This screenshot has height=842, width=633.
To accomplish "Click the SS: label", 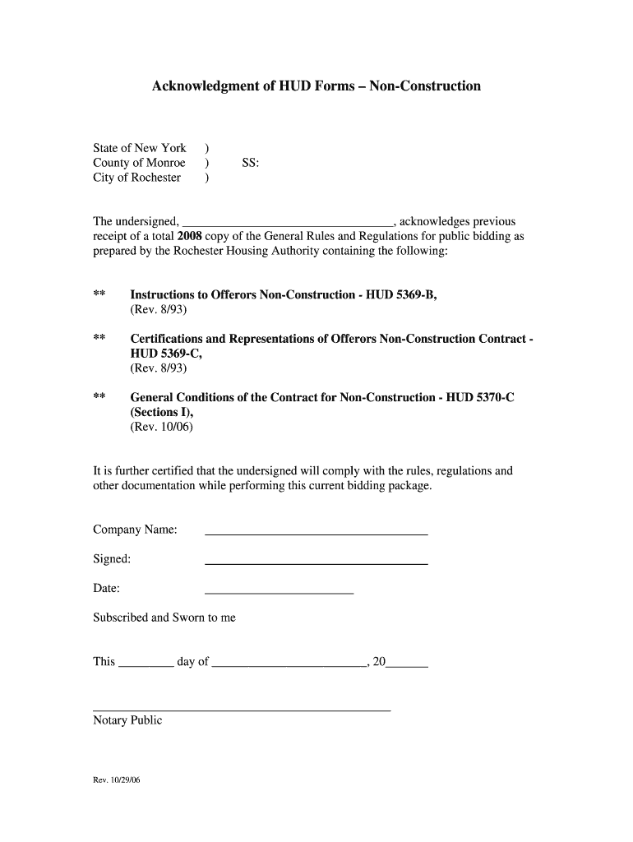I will point(251,163).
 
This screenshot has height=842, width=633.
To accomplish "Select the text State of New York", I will point(140,148).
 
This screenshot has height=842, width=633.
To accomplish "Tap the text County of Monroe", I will point(139,163).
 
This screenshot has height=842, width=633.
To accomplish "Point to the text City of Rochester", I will point(136,178).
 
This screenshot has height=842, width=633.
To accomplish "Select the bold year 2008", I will point(190,237).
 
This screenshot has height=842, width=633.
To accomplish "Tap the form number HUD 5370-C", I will point(480,397).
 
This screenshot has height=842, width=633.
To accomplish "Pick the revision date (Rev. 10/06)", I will point(162,427).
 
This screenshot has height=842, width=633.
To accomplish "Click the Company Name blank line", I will point(316,534).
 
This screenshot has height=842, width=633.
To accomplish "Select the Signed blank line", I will point(316,563).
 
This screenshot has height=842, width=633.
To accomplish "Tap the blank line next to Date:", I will point(279,592).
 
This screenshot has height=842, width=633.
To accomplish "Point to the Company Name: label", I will point(135,530).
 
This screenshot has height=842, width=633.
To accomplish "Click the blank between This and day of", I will point(146,665).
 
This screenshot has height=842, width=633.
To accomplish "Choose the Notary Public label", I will point(127,720).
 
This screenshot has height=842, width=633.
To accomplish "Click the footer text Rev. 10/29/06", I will point(118,780).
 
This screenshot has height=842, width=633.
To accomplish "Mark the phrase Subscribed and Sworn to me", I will point(164,618).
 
